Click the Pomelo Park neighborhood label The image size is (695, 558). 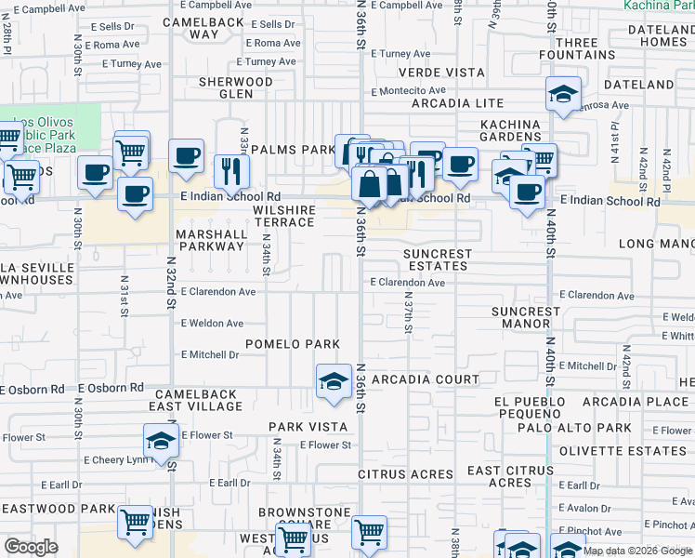292,344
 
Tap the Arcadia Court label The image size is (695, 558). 425,379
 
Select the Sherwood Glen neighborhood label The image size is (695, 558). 236,87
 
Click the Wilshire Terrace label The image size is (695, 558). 283,216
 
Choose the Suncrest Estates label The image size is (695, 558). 438,259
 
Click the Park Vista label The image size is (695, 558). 295,427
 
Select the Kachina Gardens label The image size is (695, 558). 510,130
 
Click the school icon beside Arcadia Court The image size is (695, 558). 334,381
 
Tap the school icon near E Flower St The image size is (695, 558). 161,440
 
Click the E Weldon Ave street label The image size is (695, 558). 212,324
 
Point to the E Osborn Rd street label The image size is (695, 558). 111,388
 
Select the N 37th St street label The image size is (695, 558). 408,314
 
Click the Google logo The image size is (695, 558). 31,547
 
